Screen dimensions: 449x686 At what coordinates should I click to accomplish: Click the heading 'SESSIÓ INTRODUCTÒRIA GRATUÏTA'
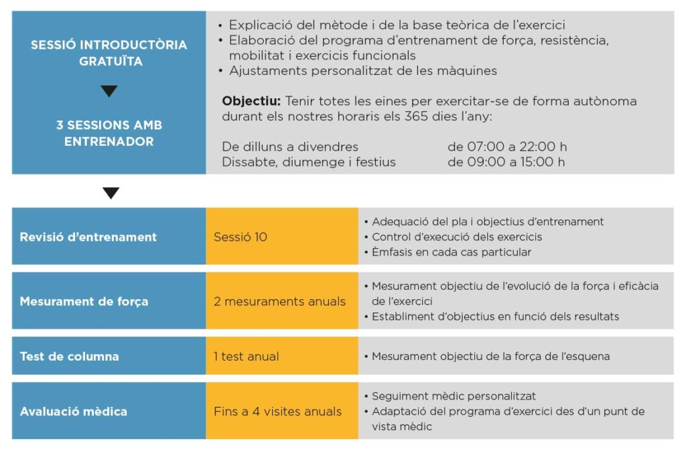109,53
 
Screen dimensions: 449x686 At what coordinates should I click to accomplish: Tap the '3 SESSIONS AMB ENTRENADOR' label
109,133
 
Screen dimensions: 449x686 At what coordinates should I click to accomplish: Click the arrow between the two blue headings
109,92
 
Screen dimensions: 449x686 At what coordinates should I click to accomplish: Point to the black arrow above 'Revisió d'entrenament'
111,193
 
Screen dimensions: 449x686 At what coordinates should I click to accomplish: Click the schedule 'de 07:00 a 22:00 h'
507,147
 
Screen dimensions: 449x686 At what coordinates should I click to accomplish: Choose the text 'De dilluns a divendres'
290,147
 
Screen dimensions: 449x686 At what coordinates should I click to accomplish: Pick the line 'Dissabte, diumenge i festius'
309,162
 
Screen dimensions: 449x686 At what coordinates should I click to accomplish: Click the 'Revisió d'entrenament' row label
88,237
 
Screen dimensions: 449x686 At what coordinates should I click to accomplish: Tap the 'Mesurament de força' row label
84,301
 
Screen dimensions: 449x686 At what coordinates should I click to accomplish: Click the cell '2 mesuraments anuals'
279,301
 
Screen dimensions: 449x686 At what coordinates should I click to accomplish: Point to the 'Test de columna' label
69,356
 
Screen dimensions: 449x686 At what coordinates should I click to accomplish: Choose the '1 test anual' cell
247,356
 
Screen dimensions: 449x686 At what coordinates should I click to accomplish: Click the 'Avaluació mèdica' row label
73,411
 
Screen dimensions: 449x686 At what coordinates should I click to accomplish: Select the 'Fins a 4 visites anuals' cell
277,411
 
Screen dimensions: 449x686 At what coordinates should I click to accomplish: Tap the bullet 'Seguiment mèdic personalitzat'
454,396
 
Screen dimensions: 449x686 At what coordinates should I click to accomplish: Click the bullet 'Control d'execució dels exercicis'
457,237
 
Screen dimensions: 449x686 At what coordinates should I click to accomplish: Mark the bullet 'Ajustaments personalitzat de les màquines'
362,71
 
